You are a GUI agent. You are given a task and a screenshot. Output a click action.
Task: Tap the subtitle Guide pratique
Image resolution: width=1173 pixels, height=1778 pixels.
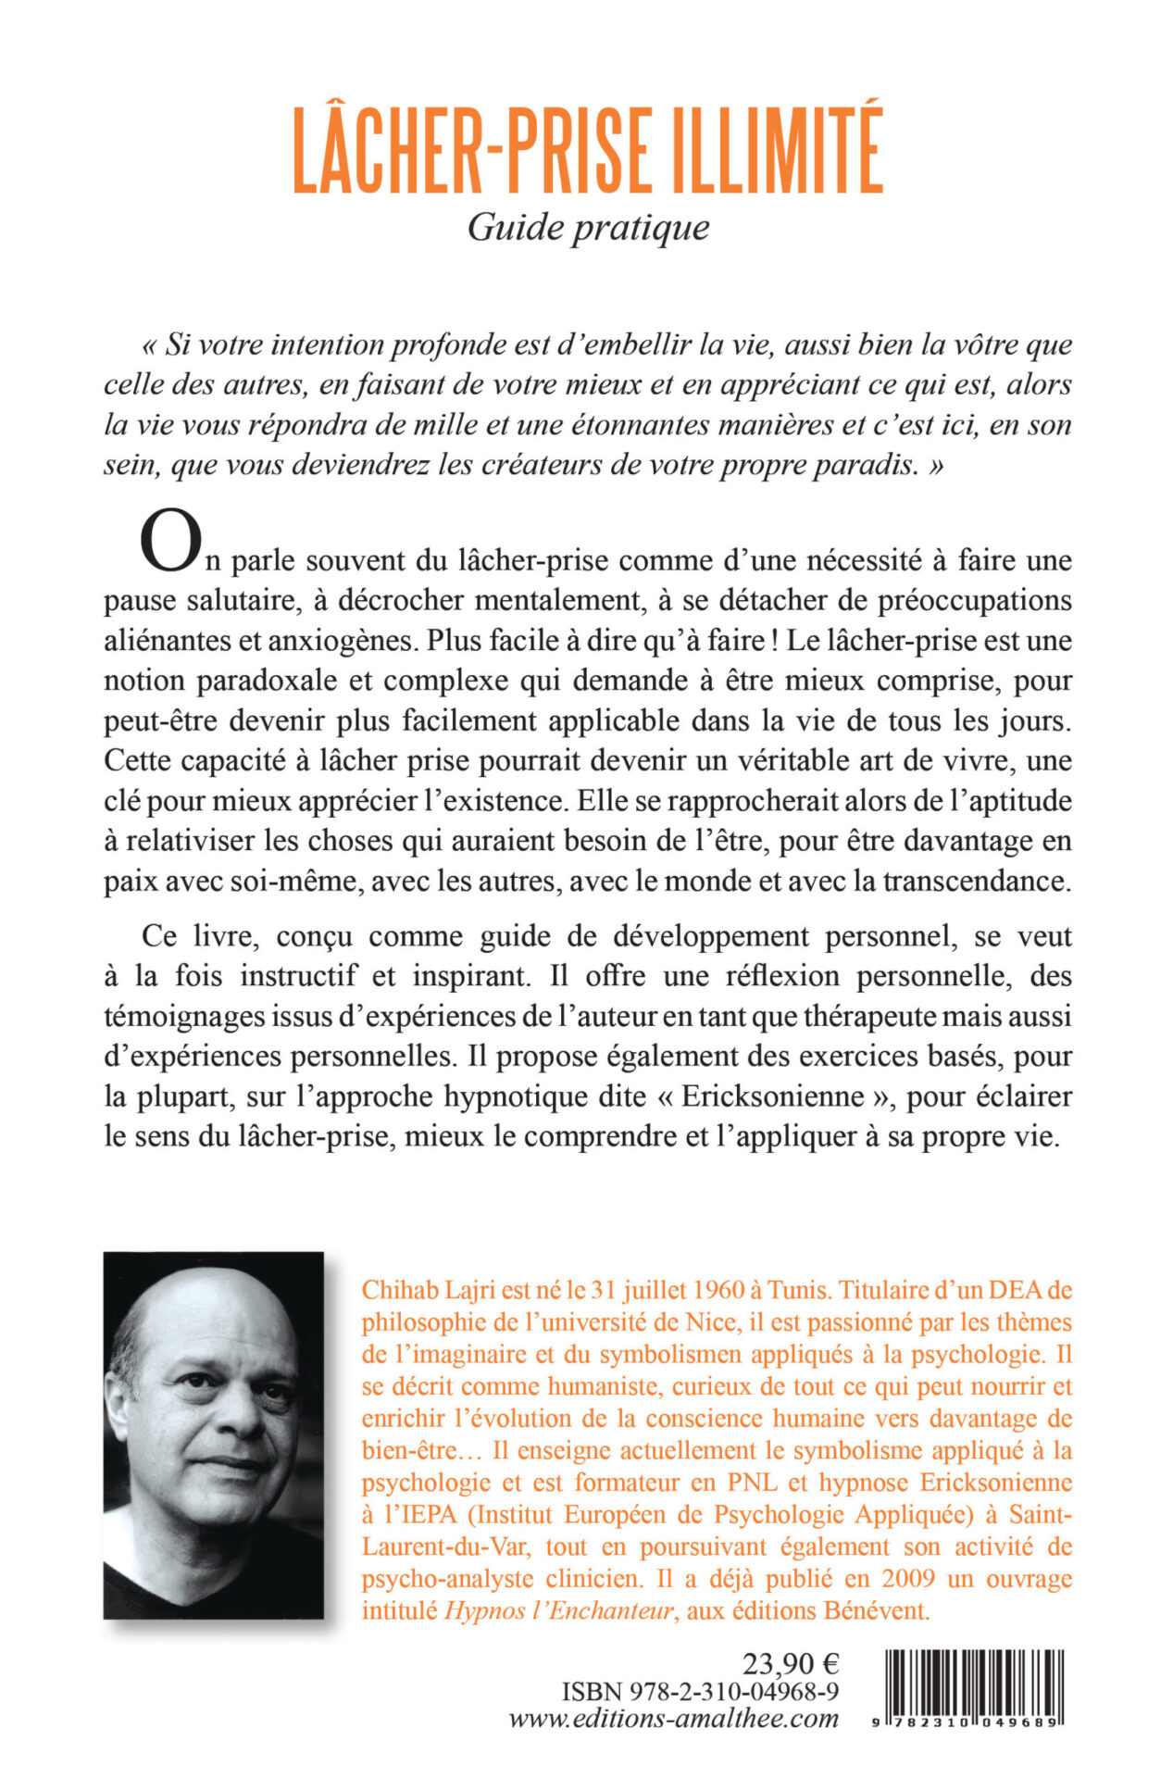click(588, 228)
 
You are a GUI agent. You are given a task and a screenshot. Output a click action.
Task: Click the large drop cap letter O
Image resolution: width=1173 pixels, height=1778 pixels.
click(169, 544)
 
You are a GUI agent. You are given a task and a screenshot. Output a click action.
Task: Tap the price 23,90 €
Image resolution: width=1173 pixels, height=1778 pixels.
click(791, 1664)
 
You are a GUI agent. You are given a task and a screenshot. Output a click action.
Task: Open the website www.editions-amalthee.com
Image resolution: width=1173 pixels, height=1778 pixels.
click(674, 1719)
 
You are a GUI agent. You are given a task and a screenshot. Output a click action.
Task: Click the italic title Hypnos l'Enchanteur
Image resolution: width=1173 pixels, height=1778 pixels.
click(559, 1611)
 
